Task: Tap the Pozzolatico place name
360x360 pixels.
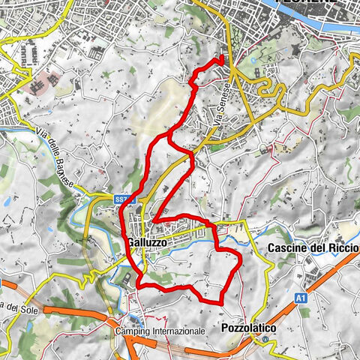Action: (249, 328)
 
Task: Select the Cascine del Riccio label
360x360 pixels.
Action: (313, 248)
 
